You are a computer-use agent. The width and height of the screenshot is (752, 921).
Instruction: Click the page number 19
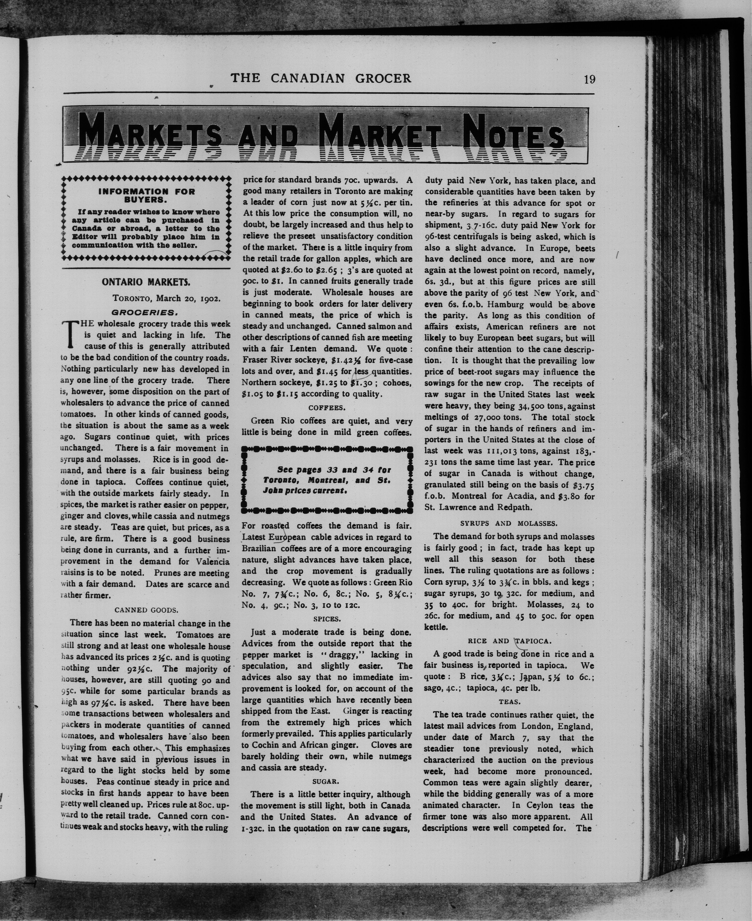(x=589, y=79)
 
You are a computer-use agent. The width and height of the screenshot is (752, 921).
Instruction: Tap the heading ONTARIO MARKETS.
(x=146, y=282)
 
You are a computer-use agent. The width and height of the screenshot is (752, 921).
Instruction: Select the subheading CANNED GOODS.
(x=146, y=610)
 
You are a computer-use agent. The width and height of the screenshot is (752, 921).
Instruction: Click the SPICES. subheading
(x=327, y=619)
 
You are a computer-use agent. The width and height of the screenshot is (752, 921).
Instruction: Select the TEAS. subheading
(x=509, y=701)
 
